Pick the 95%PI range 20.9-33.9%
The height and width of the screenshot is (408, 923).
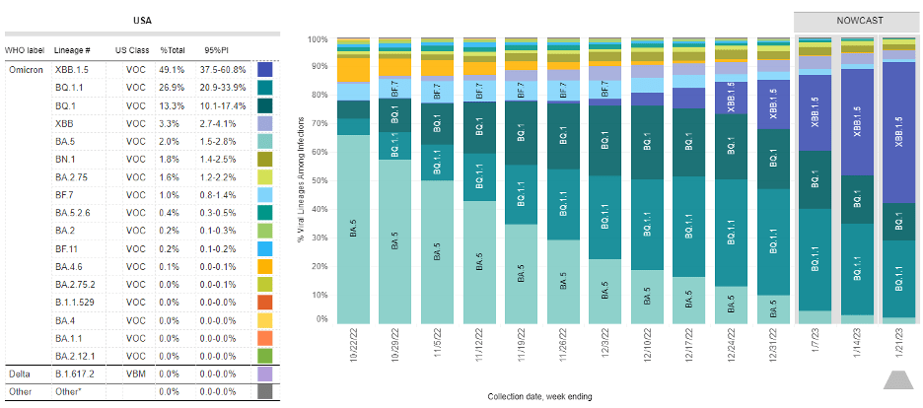tap(225, 88)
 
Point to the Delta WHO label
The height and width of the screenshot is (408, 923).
tap(19, 374)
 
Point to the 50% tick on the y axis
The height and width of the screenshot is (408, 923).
tap(318, 180)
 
